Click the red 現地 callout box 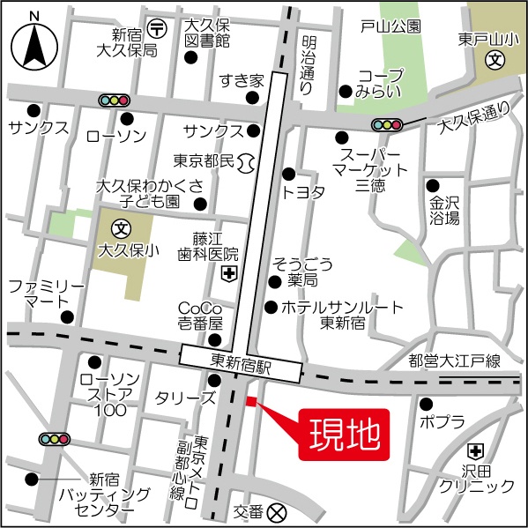(x=346, y=434)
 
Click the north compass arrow (x=34, y=44)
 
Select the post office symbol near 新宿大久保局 (x=157, y=26)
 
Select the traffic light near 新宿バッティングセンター (x=55, y=438)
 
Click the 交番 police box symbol (x=278, y=510)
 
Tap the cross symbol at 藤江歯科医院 (x=227, y=275)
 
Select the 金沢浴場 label (x=444, y=210)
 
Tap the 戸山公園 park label (x=390, y=27)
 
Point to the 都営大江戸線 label (x=455, y=360)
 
